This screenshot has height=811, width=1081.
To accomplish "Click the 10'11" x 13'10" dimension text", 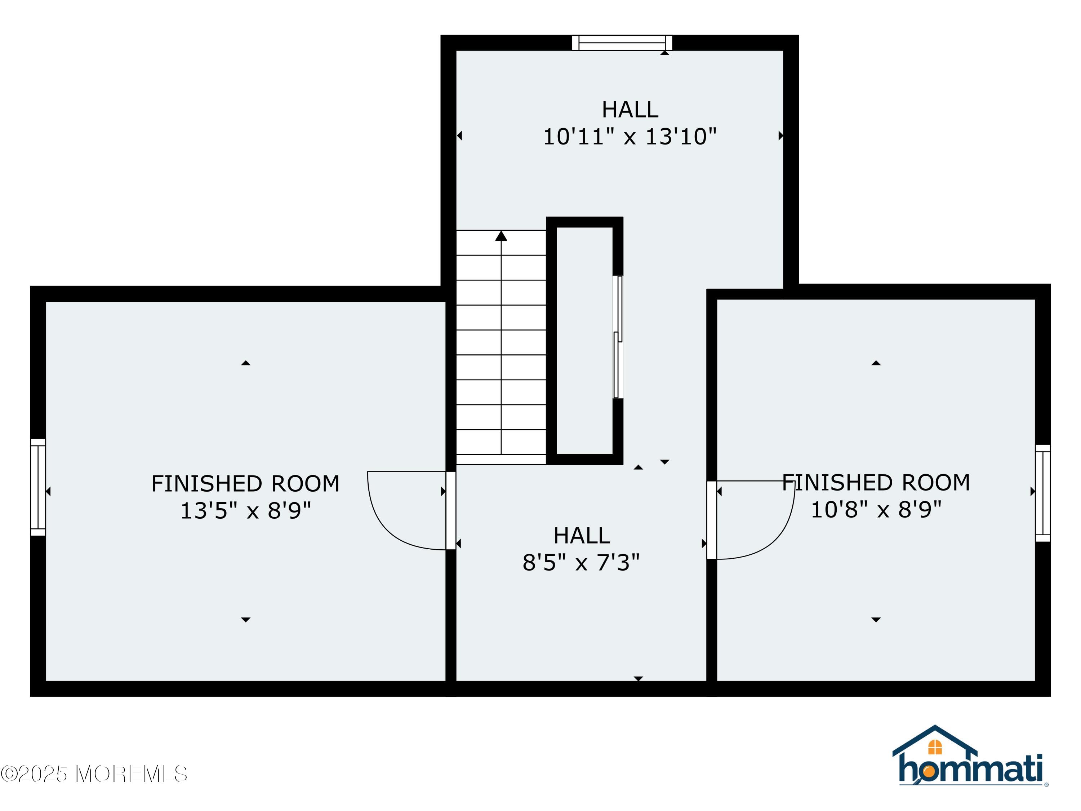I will point(630,137).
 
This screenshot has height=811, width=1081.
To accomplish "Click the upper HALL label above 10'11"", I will point(630,110).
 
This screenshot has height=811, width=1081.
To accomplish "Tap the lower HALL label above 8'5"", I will point(582,536).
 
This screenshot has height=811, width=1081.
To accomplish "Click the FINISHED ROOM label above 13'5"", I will point(245,484).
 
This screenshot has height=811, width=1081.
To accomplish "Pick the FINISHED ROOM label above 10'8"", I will point(876,483).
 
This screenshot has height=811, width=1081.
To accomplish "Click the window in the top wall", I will point(622,43).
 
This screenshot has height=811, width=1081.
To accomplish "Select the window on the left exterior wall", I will point(38,487).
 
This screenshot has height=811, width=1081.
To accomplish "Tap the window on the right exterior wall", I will point(1042,493).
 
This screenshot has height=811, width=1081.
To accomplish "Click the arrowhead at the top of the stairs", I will point(501,236).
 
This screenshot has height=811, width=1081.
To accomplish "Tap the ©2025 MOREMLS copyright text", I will point(94,774).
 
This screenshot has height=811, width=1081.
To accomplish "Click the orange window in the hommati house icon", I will point(934,747).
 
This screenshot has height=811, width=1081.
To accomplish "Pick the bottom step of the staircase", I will point(501,459).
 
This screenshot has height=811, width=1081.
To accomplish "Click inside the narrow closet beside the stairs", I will point(584,340).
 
